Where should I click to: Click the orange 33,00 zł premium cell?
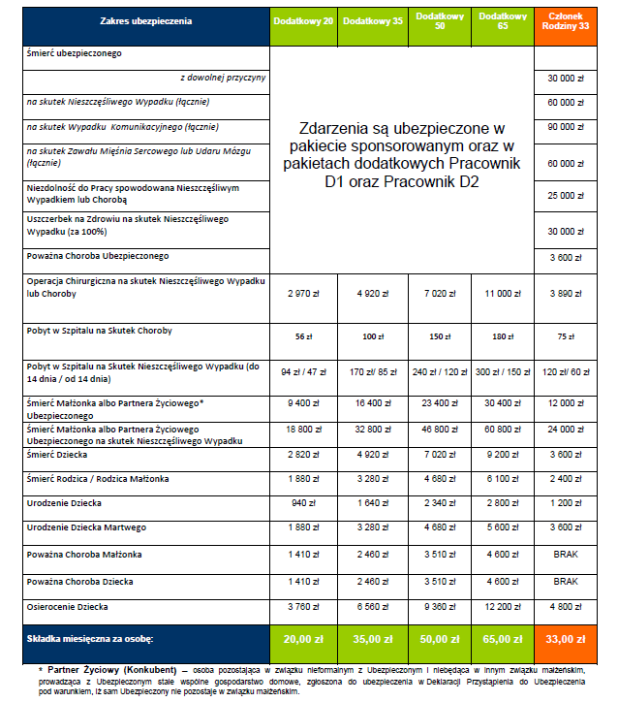click(570, 641)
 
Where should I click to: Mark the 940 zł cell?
click(303, 504)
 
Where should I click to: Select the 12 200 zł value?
click(502, 608)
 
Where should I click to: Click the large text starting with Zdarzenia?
click(401, 154)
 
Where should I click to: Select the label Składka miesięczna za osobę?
click(90, 641)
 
